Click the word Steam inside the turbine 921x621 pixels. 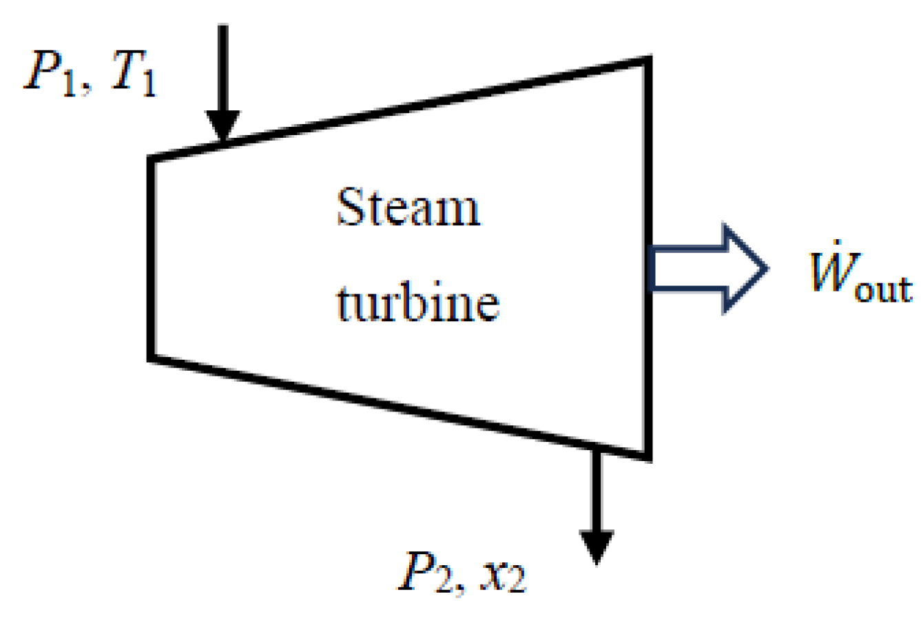click(407, 207)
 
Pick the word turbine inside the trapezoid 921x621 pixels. click(417, 303)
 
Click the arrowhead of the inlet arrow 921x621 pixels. click(223, 128)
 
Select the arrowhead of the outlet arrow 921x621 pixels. click(597, 548)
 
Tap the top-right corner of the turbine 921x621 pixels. click(647, 59)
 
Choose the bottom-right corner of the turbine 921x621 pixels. click(647, 456)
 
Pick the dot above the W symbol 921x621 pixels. click(834, 243)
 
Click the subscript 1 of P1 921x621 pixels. click(68, 87)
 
